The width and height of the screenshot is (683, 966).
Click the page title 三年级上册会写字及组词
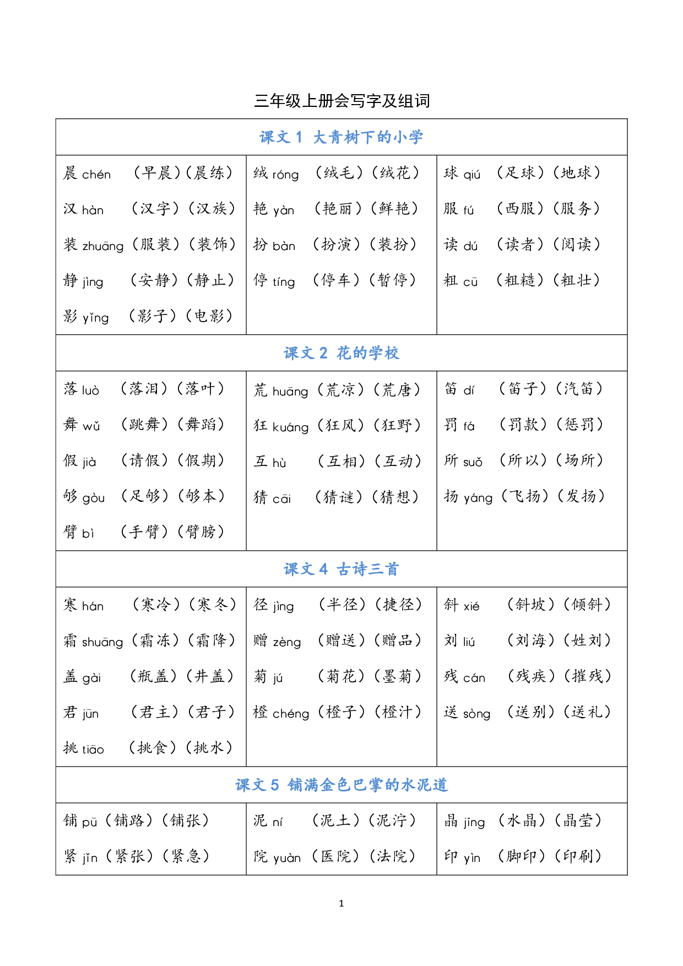coord(341,101)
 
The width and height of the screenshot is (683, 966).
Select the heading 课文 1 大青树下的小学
coord(341,137)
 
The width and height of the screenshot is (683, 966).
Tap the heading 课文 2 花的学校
coord(341,353)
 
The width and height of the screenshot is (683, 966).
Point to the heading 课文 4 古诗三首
coord(341,569)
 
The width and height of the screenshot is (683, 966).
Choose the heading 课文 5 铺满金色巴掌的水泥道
coord(341,785)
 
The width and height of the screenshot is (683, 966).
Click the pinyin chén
coord(96,175)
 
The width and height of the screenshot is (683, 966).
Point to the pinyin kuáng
coord(290,427)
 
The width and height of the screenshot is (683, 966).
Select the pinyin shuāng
coord(102,642)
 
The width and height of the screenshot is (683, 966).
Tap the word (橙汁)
coord(398,712)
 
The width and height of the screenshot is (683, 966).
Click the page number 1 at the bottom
coord(341,903)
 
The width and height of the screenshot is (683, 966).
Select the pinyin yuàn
coord(287,858)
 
